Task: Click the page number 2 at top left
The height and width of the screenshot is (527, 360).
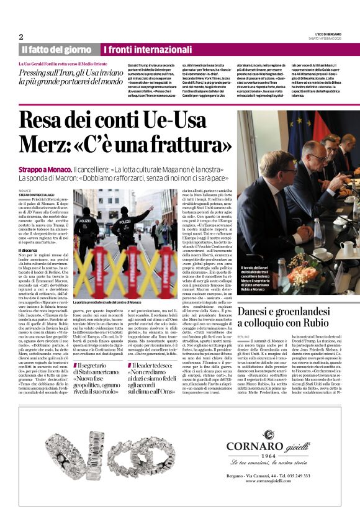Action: pos(20,37)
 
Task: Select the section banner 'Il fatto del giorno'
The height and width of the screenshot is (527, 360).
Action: pos(58,49)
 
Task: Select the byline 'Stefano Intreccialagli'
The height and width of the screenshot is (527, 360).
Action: pos(40,196)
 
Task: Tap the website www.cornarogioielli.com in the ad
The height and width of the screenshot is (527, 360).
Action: pos(268,482)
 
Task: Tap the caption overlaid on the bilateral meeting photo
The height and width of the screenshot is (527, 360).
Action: pos(256,279)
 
